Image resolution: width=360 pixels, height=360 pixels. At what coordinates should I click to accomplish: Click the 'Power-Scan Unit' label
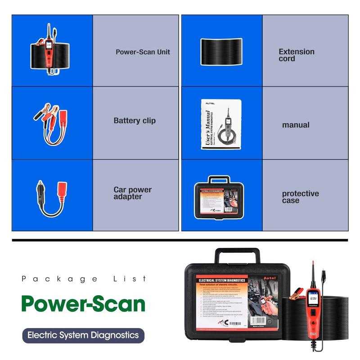point(142,52)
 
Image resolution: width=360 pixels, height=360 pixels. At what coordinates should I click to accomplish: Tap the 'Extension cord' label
point(297,55)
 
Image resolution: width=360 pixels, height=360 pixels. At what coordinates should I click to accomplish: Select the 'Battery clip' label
point(135,121)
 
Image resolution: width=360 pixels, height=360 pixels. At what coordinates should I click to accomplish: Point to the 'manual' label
point(296,125)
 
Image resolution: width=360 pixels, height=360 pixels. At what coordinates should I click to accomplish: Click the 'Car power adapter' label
point(133,193)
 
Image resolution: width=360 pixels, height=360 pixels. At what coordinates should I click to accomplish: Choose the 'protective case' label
point(300,197)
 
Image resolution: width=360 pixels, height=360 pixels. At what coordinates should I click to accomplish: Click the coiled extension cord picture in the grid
point(221,51)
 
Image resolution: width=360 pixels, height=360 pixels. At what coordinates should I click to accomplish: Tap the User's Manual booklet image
point(220,124)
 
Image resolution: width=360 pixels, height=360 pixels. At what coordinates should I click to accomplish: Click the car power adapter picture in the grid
point(51,195)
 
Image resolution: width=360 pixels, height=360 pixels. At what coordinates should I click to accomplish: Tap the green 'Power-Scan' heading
point(83,304)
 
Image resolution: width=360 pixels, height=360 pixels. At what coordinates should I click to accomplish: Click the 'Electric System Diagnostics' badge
point(83,335)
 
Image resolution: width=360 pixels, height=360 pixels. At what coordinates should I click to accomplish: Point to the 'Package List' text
point(84,279)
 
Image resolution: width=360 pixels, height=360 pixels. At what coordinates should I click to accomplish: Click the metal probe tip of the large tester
point(311,265)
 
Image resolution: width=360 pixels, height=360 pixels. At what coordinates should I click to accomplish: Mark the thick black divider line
point(180,240)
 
